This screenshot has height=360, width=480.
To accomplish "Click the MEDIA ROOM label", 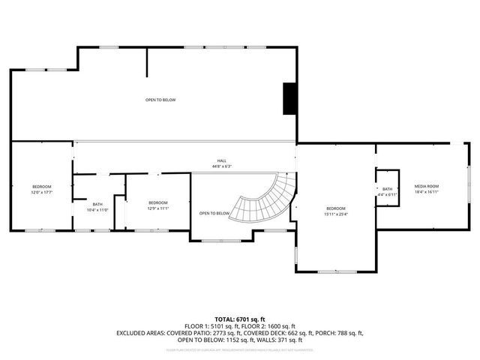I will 427,186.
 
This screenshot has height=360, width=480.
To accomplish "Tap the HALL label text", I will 222,160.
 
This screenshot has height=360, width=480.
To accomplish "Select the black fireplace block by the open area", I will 289,99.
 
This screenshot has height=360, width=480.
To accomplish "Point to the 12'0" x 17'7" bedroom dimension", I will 42,192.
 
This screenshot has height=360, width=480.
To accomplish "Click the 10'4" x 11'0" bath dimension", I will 97,210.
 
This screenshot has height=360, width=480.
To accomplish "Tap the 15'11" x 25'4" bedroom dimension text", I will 336,214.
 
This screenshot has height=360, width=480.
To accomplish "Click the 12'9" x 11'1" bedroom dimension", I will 157,208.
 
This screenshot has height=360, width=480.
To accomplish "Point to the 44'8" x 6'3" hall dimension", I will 222,166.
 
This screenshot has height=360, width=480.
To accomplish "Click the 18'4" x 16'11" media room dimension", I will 427,192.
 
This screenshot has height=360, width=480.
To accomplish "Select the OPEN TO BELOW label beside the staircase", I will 214,214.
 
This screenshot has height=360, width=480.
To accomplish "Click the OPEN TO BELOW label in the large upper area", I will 160,100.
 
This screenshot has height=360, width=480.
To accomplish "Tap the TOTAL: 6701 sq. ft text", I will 240,319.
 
